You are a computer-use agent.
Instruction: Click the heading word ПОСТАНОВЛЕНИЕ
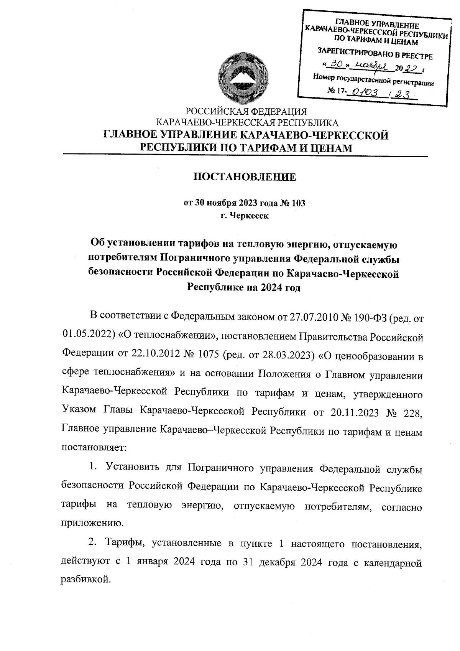(x=244, y=177)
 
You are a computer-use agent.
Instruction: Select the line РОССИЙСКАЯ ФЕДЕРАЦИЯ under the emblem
(x=246, y=112)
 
